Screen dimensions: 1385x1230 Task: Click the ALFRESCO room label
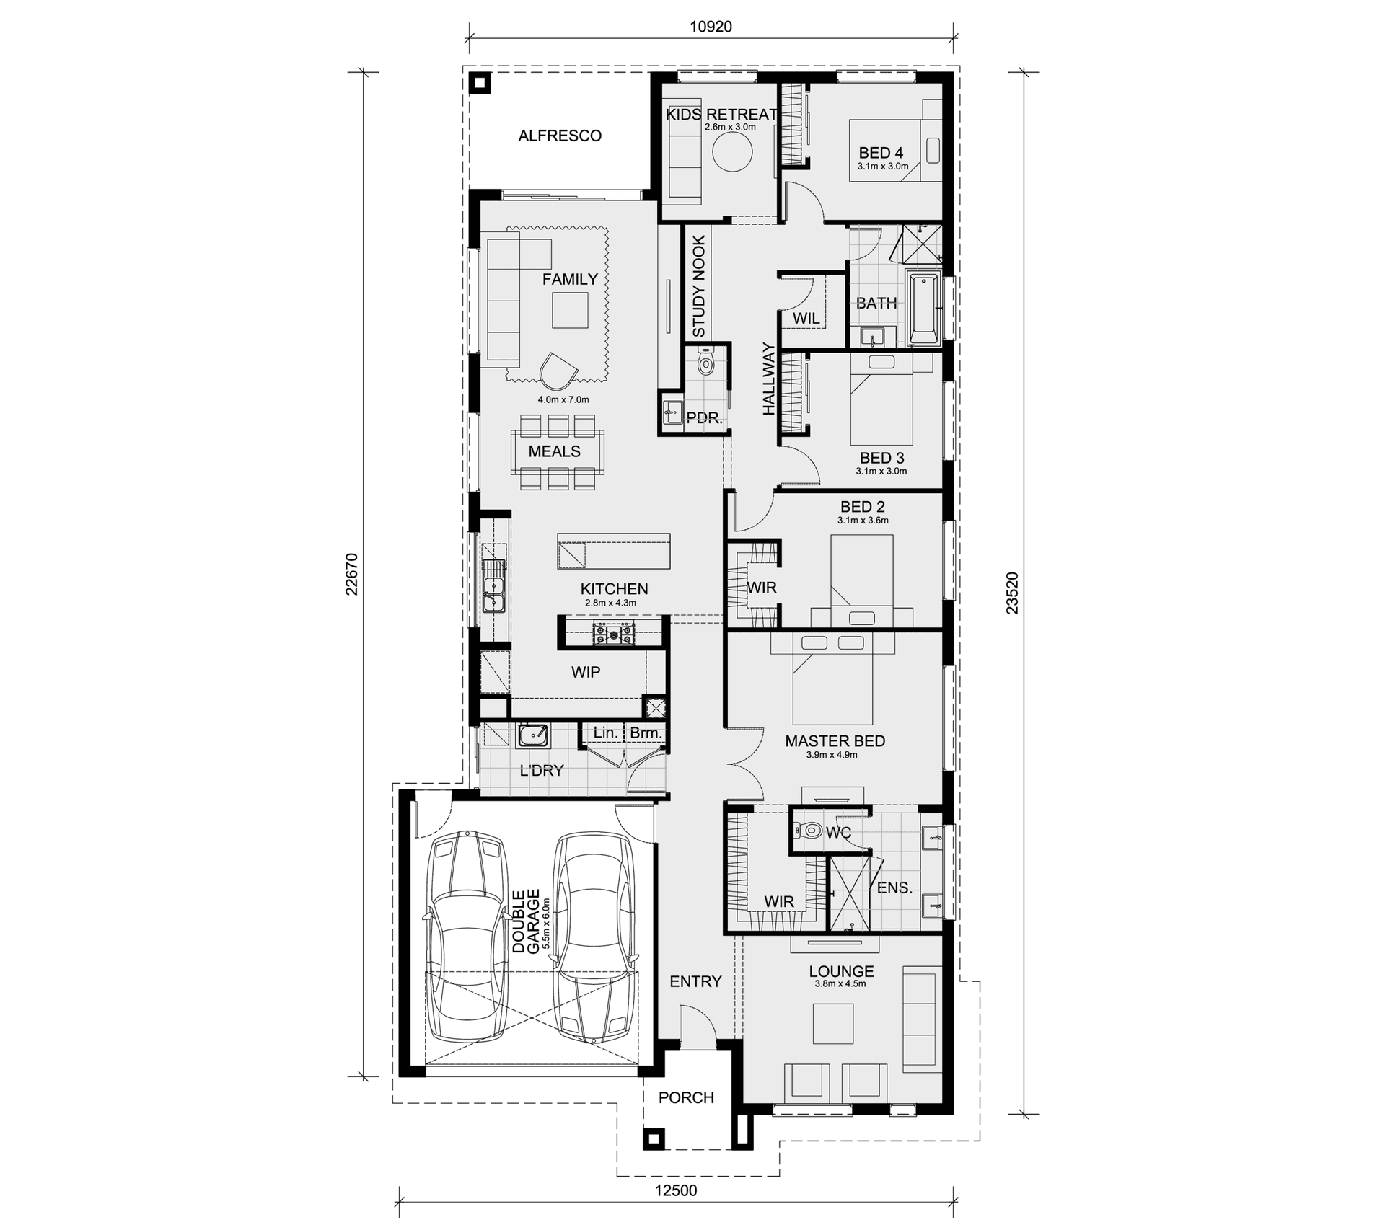pos(560,136)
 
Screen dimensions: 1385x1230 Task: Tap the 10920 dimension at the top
pos(711,27)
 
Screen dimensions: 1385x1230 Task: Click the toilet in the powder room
pos(705,361)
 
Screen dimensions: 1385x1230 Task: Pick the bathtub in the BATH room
pos(924,309)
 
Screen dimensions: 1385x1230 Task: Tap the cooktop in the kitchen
pos(614,634)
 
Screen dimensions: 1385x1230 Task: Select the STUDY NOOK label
pos(699,286)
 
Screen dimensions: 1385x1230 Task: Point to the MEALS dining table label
pos(554,451)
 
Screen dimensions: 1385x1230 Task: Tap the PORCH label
pos(686,1097)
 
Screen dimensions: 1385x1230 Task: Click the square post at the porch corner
pos(654,1138)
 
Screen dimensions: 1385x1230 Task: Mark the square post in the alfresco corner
pos(480,83)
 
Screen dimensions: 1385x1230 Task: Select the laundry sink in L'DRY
pos(533,735)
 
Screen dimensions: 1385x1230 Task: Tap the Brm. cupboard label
pos(646,733)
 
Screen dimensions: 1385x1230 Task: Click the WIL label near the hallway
pos(806,318)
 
